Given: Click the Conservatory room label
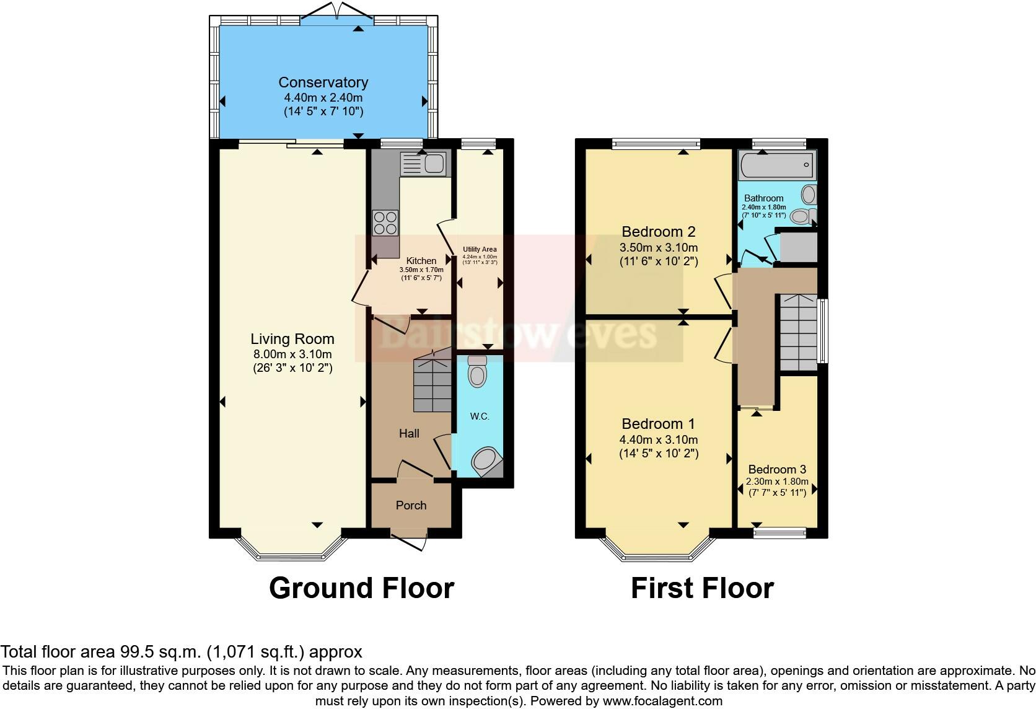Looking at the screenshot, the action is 323,82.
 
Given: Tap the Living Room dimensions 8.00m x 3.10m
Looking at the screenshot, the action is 292,354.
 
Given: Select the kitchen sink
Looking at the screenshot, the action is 424,163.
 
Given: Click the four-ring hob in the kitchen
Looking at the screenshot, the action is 385,223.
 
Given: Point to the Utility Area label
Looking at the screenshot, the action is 480,249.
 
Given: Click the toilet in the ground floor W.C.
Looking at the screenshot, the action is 477,371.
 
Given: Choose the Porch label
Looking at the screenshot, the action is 411,505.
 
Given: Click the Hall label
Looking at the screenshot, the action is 410,433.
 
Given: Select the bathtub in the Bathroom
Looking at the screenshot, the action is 776,165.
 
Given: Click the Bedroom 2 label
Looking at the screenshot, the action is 659,231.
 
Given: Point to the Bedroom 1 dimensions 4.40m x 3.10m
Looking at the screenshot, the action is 659,440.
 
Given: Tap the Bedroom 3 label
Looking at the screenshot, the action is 777,469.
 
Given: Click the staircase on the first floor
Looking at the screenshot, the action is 799,332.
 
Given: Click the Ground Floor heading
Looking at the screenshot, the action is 362,588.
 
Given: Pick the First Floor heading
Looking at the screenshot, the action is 703,588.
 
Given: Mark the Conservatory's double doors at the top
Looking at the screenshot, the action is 337,14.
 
